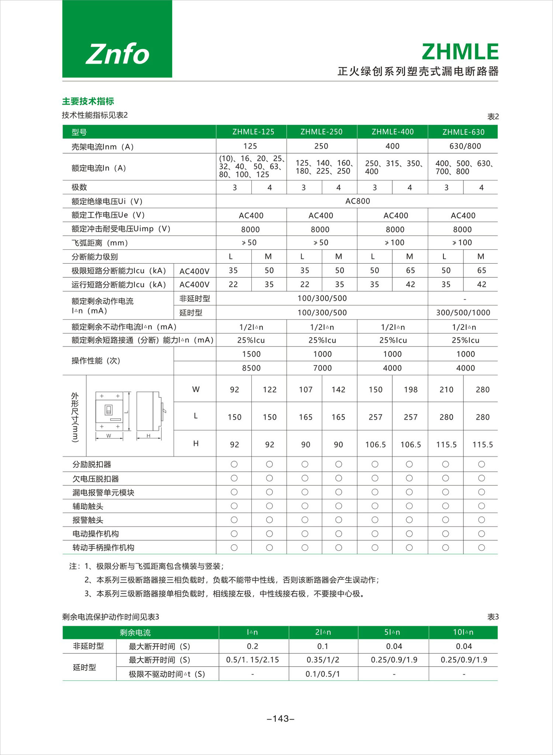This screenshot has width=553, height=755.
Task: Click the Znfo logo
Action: (117, 54)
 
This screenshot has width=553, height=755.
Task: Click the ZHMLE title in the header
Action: (460, 52)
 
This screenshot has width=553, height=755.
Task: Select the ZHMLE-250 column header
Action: (321, 132)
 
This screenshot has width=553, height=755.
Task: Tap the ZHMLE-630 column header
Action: (463, 132)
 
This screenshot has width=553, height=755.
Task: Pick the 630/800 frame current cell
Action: (465, 146)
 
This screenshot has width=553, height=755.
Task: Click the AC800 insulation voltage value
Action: (358, 201)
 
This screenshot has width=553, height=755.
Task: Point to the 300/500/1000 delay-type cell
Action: (463, 313)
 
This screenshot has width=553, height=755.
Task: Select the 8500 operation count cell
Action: (251, 368)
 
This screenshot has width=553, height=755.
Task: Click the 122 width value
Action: (269, 390)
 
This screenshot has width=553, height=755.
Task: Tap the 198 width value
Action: (410, 390)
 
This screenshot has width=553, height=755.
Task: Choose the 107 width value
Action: (306, 390)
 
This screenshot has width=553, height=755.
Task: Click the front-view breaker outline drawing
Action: (109, 411)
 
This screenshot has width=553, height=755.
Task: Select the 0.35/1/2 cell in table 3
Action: (323, 660)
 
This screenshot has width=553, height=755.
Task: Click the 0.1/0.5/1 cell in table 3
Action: (323, 674)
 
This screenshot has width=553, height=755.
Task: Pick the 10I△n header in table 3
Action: (463, 632)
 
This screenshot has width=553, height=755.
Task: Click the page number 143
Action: (281, 719)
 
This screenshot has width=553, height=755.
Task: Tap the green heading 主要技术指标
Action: (88, 101)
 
